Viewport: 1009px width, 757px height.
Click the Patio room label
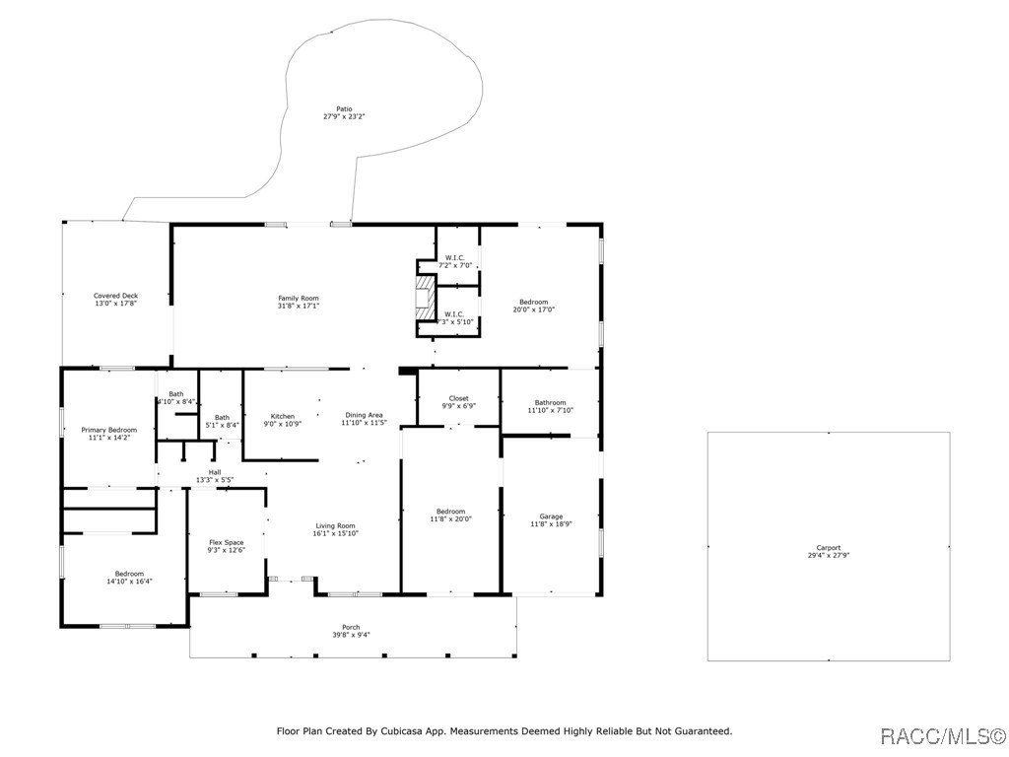[344, 112]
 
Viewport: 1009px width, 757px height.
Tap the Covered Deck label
[116, 300]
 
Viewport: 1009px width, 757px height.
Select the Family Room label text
[298, 302]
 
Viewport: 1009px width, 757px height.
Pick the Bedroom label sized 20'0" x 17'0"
[533, 306]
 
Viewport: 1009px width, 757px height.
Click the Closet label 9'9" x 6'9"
[458, 402]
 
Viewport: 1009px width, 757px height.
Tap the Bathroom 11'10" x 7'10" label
[550, 406]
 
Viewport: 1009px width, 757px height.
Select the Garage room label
[551, 519]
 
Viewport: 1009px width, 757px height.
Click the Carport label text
[828, 551]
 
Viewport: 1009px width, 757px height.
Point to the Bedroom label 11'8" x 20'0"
[450, 515]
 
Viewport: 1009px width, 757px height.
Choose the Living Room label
[335, 529]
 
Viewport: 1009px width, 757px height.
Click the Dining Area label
[364, 419]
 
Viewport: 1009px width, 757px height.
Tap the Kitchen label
[283, 419]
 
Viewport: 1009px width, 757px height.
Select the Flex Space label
[226, 546]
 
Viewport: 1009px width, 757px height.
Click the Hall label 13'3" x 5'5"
[214, 476]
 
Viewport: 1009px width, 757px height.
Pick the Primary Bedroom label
[108, 434]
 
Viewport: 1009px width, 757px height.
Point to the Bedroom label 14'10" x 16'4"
[128, 578]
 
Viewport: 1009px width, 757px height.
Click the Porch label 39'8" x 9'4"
[351, 631]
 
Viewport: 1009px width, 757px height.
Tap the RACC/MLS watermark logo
[941, 736]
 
